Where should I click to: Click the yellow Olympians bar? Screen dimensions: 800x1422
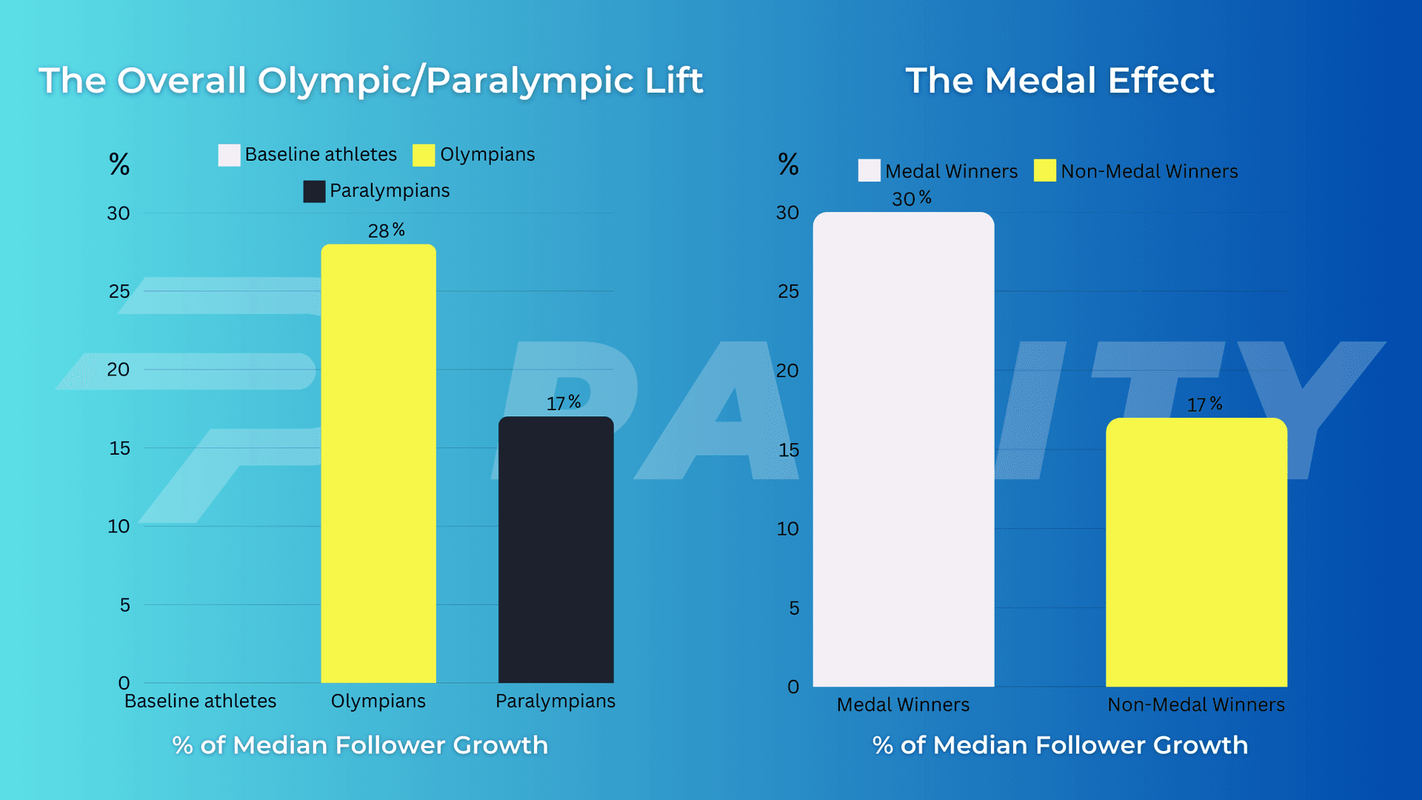[x=378, y=463]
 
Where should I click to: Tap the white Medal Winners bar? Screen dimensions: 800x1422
[x=903, y=449]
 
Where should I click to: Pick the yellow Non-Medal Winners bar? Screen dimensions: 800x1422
[x=1196, y=552]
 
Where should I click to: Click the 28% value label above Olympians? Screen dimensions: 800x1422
[x=386, y=230]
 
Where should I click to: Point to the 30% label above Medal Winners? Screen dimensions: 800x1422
[x=911, y=199]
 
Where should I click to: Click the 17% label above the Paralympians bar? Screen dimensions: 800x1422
[x=563, y=403]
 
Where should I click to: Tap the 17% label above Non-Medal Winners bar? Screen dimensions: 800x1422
[x=1204, y=404]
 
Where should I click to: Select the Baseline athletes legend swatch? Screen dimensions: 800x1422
[x=229, y=155]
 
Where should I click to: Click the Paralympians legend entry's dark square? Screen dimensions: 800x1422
[x=314, y=191]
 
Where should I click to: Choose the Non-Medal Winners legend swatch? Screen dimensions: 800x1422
[x=1044, y=171]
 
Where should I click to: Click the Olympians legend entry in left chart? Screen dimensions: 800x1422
[x=474, y=155]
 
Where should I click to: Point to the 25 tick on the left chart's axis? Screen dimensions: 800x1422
[x=119, y=292]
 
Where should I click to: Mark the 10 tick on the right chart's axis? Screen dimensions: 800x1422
[x=787, y=529]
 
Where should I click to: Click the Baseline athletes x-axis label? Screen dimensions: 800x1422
[x=200, y=701]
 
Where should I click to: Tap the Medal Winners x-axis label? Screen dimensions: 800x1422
[x=903, y=704]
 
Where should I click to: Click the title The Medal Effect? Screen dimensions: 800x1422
[x=1060, y=80]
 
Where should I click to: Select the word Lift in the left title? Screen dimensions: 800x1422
[x=673, y=80]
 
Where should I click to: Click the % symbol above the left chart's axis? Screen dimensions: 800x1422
[x=119, y=164]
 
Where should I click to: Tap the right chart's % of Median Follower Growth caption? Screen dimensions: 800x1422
[x=1060, y=745]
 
